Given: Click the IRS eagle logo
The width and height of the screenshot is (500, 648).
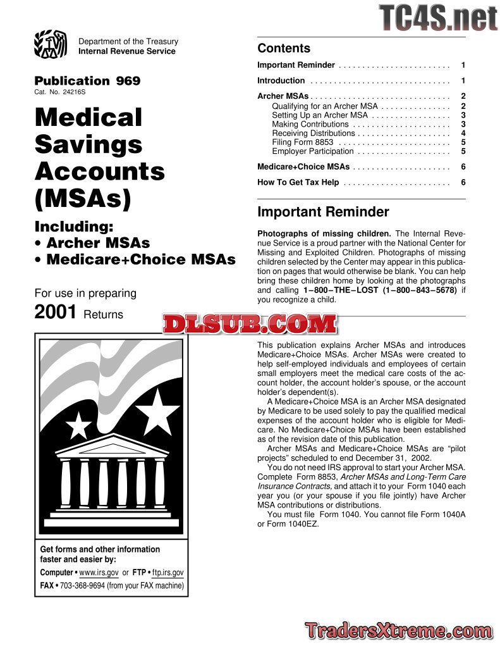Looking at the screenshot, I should (x=51, y=45).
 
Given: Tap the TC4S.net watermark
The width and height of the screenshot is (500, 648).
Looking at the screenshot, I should (x=438, y=18).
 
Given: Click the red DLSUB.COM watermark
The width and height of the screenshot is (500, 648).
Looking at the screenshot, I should (x=250, y=325).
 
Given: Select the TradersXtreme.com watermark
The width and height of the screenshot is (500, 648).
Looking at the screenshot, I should (x=398, y=630).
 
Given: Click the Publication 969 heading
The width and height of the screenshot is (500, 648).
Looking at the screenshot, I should (x=87, y=81).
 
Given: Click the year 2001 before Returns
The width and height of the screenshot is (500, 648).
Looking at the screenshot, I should (x=56, y=313).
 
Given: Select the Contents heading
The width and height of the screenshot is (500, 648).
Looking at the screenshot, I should (x=284, y=49).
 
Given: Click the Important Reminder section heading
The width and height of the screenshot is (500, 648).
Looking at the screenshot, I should (x=323, y=212).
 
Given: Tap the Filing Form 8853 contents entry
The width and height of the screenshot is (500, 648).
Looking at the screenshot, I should (x=302, y=142).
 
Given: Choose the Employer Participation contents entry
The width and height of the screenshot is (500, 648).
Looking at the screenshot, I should (x=313, y=151).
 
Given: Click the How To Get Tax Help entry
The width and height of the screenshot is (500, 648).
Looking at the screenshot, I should (x=298, y=183).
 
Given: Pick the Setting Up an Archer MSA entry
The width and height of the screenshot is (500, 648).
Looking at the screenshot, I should (x=320, y=116).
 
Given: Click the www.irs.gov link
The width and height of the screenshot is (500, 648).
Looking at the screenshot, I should (x=99, y=573).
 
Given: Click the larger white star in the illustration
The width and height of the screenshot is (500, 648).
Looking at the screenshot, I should (x=157, y=411).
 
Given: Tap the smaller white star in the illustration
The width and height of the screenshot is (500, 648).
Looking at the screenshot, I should (x=79, y=426).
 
